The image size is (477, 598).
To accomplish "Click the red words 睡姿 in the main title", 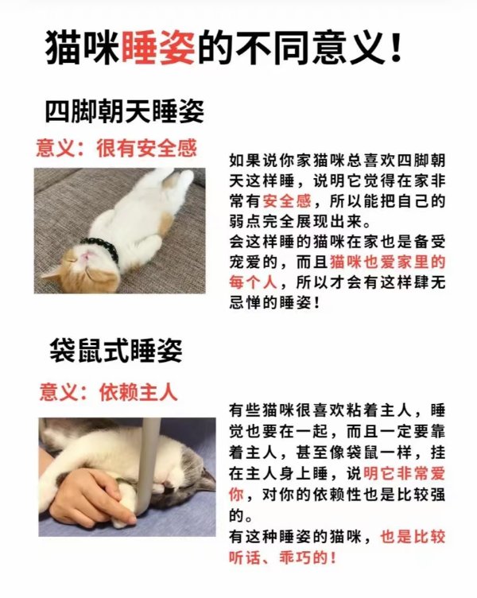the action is point(158,48).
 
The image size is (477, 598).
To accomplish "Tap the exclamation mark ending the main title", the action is point(397,48).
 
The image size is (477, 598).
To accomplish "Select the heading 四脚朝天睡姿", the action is point(125,111).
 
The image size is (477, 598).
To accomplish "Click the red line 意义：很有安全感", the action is point(116,148).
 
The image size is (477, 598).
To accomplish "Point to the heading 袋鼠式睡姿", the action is point(116,351).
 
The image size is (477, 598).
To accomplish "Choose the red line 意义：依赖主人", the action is point(109,392).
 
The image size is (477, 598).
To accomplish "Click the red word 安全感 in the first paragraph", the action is point(287,201).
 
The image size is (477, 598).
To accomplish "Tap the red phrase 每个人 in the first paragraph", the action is point(254,282).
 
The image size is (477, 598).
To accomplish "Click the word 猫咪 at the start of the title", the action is point(82,48).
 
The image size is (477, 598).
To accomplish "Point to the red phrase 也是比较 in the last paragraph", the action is point(413,537).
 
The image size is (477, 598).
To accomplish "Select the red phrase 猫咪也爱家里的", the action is point(387,262).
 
